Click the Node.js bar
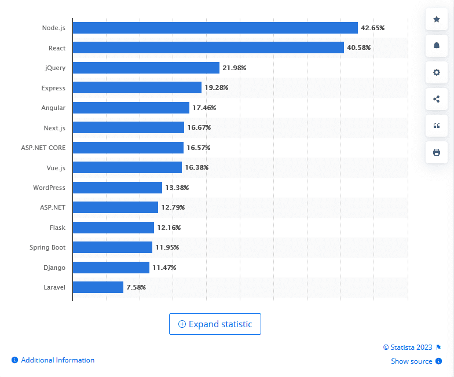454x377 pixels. tap(215, 28)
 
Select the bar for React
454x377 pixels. tap(208, 47)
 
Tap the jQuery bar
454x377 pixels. tap(146, 68)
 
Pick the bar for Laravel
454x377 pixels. tap(98, 287)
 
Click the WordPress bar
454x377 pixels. tap(117, 188)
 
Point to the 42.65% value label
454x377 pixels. tap(372, 28)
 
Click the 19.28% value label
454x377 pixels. tap(216, 87)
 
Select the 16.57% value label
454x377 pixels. tap(198, 148)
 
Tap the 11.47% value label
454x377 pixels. tap(164, 268)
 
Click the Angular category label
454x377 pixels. tap(53, 108)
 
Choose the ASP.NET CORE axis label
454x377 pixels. tap(43, 148)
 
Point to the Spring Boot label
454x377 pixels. tap(47, 247)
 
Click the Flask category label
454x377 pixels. tap(57, 228)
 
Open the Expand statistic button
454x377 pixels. tap(215, 324)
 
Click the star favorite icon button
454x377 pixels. tap(436, 19)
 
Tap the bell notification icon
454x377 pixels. tap(436, 46)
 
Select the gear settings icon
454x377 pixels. tap(436, 72)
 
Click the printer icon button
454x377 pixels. tap(436, 152)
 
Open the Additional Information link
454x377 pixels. tap(57, 360)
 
